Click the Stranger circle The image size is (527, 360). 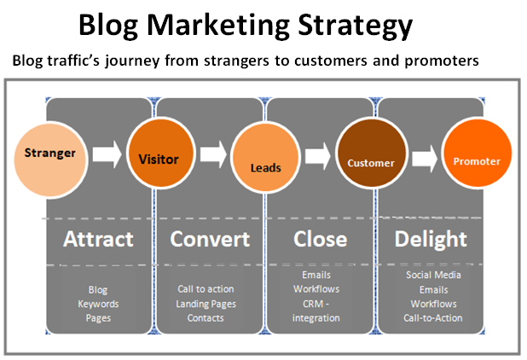point(51,160)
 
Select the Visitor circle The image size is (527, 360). point(161,154)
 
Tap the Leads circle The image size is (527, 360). point(265,158)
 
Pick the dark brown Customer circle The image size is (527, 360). point(372,154)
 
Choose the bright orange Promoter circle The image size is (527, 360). point(478,154)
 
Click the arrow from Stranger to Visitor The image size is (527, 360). point(107,154)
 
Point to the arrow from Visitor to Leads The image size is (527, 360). point(213,154)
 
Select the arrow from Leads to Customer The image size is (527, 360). point(317,156)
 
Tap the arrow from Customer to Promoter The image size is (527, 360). point(425,158)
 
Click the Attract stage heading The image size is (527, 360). point(98,239)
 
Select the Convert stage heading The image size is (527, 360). point(210,239)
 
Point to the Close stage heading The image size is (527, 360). point(321,239)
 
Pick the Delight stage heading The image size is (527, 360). point(431,240)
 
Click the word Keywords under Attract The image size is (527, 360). point(98,305)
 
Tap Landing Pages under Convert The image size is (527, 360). point(206,305)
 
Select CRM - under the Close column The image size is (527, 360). point(316,304)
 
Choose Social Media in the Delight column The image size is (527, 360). point(433,275)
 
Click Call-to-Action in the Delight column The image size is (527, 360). point(433,318)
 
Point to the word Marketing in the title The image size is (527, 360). point(218,26)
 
